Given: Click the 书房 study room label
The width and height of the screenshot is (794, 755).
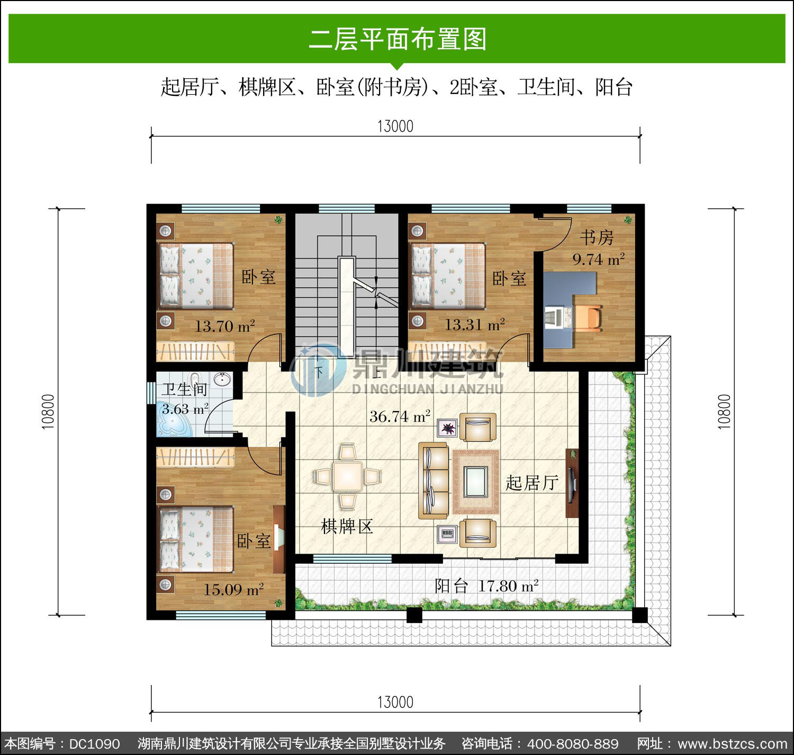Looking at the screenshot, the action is pyautogui.click(x=597, y=237).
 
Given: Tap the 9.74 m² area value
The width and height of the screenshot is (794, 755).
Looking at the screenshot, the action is pyautogui.click(x=599, y=259).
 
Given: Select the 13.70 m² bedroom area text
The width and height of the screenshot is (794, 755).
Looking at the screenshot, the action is pyautogui.click(x=225, y=326).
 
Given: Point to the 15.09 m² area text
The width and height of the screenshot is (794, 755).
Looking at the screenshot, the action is pyautogui.click(x=233, y=589).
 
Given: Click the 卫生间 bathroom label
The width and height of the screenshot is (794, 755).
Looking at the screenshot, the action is pyautogui.click(x=184, y=389).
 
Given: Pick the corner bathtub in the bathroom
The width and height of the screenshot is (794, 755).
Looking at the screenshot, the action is pyautogui.click(x=175, y=421).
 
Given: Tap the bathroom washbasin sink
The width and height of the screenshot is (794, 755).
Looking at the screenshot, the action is pyautogui.click(x=222, y=380).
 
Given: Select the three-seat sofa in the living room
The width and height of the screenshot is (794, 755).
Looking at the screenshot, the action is pyautogui.click(x=434, y=481).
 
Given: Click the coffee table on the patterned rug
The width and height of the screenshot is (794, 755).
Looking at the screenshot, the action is pyautogui.click(x=475, y=481).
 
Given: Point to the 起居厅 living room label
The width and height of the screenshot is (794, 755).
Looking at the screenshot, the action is pyautogui.click(x=533, y=483).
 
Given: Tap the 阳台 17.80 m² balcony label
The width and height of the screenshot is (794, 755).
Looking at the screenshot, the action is pyautogui.click(x=486, y=586).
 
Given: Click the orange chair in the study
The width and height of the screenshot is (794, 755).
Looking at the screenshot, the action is pyautogui.click(x=588, y=318).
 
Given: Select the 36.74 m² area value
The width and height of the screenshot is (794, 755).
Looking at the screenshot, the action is pyautogui.click(x=400, y=416).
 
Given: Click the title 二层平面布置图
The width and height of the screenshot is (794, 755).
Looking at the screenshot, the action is pyautogui.click(x=398, y=39).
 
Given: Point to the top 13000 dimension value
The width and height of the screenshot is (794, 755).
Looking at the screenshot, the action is pyautogui.click(x=395, y=126).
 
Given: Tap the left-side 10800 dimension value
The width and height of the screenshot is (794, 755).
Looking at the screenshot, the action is pyautogui.click(x=48, y=412).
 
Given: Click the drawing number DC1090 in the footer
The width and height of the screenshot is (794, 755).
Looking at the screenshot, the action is pyautogui.click(x=95, y=743).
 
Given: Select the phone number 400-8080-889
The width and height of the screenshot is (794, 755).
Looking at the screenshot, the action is pyautogui.click(x=573, y=743).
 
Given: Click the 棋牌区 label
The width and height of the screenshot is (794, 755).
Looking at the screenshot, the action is pyautogui.click(x=347, y=527).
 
